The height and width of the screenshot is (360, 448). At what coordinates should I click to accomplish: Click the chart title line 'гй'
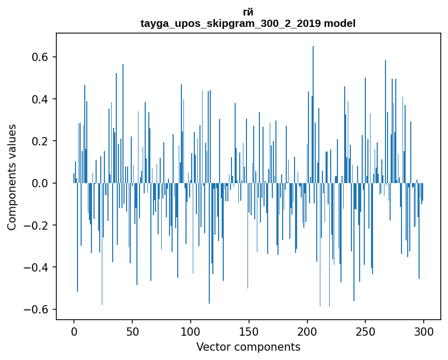[248, 12]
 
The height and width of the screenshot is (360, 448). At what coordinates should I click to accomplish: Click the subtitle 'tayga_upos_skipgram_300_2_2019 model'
[248, 23]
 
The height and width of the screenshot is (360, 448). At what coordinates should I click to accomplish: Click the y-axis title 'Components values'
[12, 177]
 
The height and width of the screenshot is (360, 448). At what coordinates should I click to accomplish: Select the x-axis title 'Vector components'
[248, 347]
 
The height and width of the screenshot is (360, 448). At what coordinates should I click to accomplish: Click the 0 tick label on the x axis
[74, 331]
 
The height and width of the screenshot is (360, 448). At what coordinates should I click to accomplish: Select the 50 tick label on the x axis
[132, 331]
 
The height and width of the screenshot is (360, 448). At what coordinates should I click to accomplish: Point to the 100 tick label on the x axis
[191, 331]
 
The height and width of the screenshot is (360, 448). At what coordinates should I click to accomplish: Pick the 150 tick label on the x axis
[249, 331]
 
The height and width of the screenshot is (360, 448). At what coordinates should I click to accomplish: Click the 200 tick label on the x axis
[307, 331]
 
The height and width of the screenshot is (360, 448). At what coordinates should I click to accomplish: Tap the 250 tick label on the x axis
[365, 331]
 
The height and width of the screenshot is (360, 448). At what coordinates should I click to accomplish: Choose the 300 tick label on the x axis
[424, 331]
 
